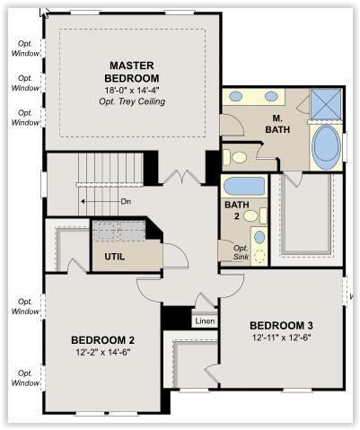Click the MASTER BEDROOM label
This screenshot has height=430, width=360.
click(132, 72)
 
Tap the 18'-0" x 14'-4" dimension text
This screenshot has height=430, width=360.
click(132, 90)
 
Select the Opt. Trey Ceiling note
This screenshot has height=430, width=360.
click(132, 101)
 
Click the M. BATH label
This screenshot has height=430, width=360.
click(277, 124)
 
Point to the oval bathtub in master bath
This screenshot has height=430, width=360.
click(326, 147)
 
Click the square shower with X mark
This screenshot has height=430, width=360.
click(326, 104)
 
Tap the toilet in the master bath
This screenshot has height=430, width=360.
click(235, 157)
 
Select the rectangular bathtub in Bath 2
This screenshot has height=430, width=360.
click(244, 186)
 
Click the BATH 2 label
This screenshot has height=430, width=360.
click(237, 210)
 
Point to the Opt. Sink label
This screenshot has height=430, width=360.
click(241, 252)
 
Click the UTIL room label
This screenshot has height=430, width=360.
click(115, 257)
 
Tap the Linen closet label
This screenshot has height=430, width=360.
click(205, 321)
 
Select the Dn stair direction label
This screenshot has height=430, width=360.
click(126, 201)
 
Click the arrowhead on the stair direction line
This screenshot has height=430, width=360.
click(83, 202)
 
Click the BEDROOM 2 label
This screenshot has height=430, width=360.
click(102, 340)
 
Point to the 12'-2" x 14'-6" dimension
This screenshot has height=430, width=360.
click(103, 352)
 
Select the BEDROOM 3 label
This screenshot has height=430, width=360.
click(281, 325)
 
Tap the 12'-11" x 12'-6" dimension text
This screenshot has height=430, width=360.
click(281, 338)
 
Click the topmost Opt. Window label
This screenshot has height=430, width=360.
click(25, 48)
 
